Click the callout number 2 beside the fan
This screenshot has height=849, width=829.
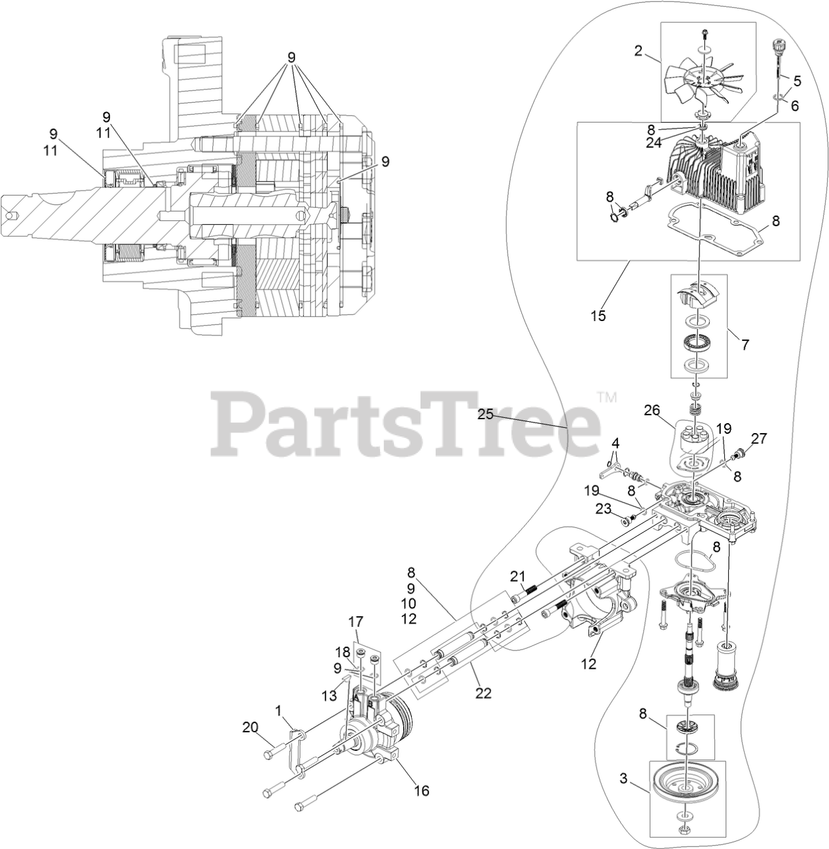638,50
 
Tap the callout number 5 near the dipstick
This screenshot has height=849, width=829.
797,81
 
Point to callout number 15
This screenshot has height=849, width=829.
598,316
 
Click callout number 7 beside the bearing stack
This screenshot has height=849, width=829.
745,344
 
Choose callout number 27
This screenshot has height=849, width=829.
759,438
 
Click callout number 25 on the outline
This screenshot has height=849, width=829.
486,415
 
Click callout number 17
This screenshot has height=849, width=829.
356,622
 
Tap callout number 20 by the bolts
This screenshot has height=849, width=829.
250,728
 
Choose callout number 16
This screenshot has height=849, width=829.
422,791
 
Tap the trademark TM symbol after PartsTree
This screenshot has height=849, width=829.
607,398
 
